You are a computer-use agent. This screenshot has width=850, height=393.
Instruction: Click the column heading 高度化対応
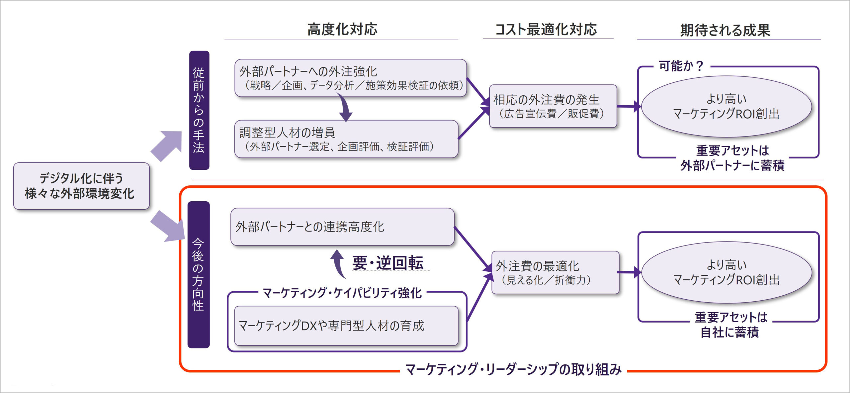click(x=342, y=29)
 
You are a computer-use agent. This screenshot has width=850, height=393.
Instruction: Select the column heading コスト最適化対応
click(x=546, y=29)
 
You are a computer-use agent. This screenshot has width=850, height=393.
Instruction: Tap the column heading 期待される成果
click(x=725, y=30)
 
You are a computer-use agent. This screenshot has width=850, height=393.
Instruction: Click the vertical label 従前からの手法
click(x=199, y=110)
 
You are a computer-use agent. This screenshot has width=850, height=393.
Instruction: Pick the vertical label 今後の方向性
click(x=198, y=274)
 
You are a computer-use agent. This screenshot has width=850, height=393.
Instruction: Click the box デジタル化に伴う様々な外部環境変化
click(x=81, y=186)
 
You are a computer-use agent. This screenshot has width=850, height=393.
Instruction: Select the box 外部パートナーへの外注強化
click(x=350, y=78)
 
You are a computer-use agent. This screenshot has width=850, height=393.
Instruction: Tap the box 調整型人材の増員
click(x=346, y=139)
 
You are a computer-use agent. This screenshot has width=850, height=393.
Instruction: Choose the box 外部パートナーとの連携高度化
click(x=342, y=227)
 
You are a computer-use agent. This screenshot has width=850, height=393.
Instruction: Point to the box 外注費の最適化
click(x=555, y=272)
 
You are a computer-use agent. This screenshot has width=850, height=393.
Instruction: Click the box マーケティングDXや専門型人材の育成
click(x=346, y=326)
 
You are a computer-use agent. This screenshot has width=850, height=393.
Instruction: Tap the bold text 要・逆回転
click(x=388, y=263)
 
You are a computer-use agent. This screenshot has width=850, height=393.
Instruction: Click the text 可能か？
click(x=681, y=66)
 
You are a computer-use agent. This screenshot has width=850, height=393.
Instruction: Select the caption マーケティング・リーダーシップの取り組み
click(x=513, y=369)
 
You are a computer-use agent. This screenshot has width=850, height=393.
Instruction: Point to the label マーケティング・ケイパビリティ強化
click(x=342, y=293)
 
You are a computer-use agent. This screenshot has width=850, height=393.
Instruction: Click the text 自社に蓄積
click(x=729, y=332)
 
